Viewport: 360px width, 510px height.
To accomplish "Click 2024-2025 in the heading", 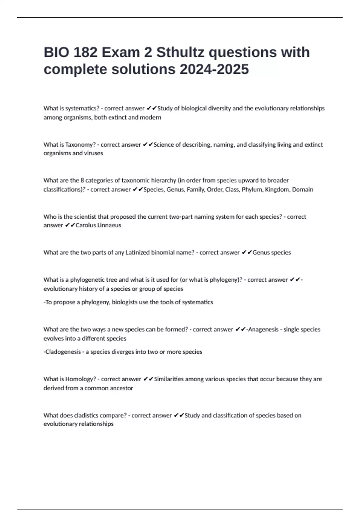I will [214, 70].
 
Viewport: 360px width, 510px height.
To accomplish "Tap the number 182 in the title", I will [85, 52].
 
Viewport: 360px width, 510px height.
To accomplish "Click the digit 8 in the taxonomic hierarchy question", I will [82, 181].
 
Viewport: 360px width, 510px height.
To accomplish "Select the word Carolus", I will [86, 225].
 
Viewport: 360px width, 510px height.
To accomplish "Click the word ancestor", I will [121, 388].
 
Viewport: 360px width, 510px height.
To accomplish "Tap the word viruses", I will [93, 153].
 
